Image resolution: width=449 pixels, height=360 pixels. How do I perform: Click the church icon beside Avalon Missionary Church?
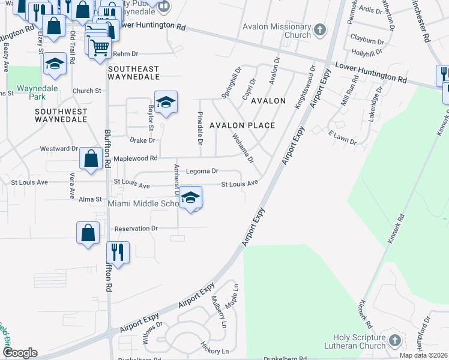pos(319,29)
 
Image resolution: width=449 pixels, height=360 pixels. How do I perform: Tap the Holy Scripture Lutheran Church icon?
pos(394,340)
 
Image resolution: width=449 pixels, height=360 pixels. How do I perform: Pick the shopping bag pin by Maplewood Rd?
pos(91,159)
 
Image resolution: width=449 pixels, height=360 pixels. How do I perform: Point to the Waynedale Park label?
pos(32,92)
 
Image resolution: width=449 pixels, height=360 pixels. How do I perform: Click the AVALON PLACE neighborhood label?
pos(242,125)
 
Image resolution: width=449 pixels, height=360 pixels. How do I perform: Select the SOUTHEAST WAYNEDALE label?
pos(133,73)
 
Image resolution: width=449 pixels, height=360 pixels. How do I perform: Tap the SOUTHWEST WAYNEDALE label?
pos(61,116)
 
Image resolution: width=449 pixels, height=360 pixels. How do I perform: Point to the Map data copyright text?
pos(424,355)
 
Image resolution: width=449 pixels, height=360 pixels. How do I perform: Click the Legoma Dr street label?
pos(202,172)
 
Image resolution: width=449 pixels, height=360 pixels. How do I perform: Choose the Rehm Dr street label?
pos(125,54)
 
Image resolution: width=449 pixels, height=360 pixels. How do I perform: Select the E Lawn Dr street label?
pos(342,139)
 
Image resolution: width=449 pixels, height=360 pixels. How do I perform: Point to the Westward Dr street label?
pos(59,149)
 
